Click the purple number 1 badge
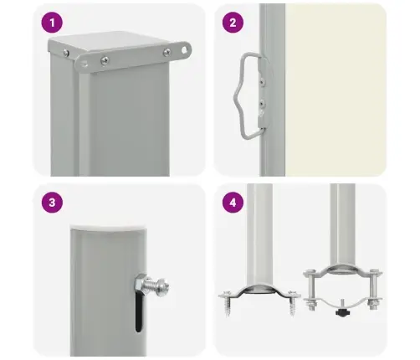[52, 23]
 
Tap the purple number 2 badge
[233, 23]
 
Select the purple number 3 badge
[52, 203]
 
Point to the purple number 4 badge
[233, 203]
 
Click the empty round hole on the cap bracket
[184, 50]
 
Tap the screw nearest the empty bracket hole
[166, 52]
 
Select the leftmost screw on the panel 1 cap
[66, 53]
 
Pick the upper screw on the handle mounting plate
[261, 81]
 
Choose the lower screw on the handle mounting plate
[262, 104]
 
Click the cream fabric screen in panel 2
[335, 90]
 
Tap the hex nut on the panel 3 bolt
[140, 284]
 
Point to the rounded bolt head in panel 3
[162, 285]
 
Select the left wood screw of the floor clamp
[227, 303]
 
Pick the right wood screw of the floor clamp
[292, 303]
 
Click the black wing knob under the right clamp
[343, 311]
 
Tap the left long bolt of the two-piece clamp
[310, 289]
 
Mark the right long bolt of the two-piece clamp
[374, 289]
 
